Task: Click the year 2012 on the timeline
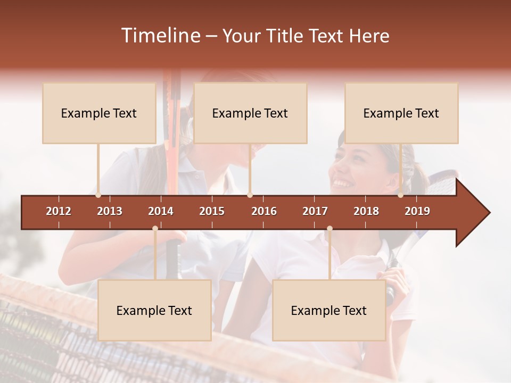pos(59,211)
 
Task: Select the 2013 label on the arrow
pos(110,211)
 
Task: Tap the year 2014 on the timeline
pos(161,211)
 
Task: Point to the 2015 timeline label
pos(212,211)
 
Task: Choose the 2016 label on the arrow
pos(264,211)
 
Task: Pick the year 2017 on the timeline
pos(315,211)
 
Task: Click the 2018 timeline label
pos(366,211)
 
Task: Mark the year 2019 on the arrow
pos(417,211)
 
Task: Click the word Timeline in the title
pos(160,36)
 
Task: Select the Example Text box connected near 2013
pos(99,113)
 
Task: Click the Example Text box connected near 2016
pos(250,113)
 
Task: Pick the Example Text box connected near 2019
pos(401,113)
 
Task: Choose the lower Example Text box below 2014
pos(154,311)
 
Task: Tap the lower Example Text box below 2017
pos(329,311)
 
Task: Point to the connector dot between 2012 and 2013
pos(98,195)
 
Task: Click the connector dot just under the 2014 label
pos(155,228)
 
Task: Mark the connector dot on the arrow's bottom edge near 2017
pos(329,228)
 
